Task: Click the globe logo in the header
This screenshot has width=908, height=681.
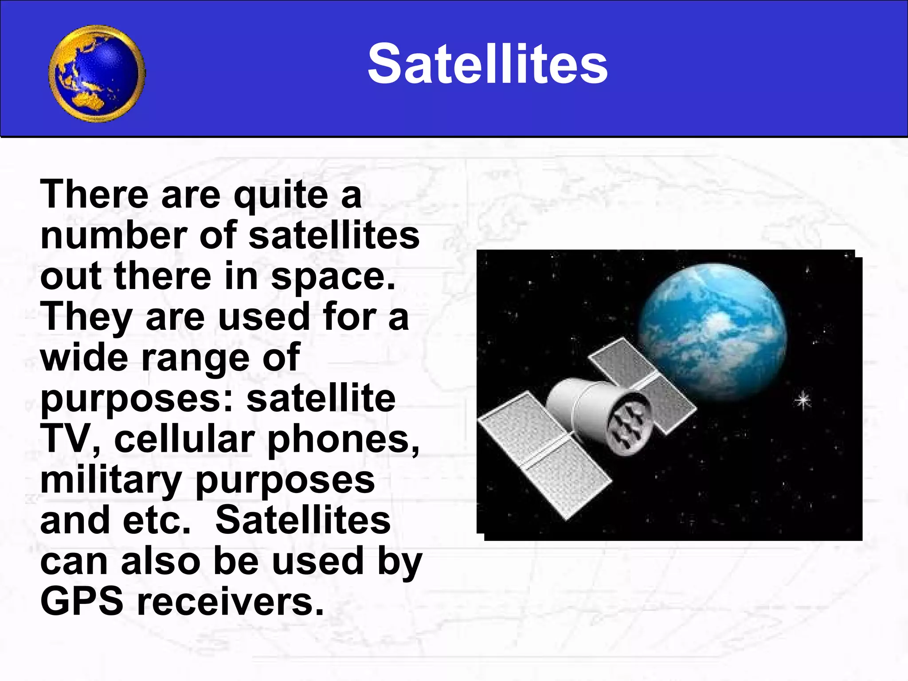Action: coord(97,73)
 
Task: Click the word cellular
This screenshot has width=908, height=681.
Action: coord(184,439)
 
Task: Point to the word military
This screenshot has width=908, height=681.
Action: coord(111,481)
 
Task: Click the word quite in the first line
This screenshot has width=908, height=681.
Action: coord(281,195)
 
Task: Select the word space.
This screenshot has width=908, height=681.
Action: coord(333,277)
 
